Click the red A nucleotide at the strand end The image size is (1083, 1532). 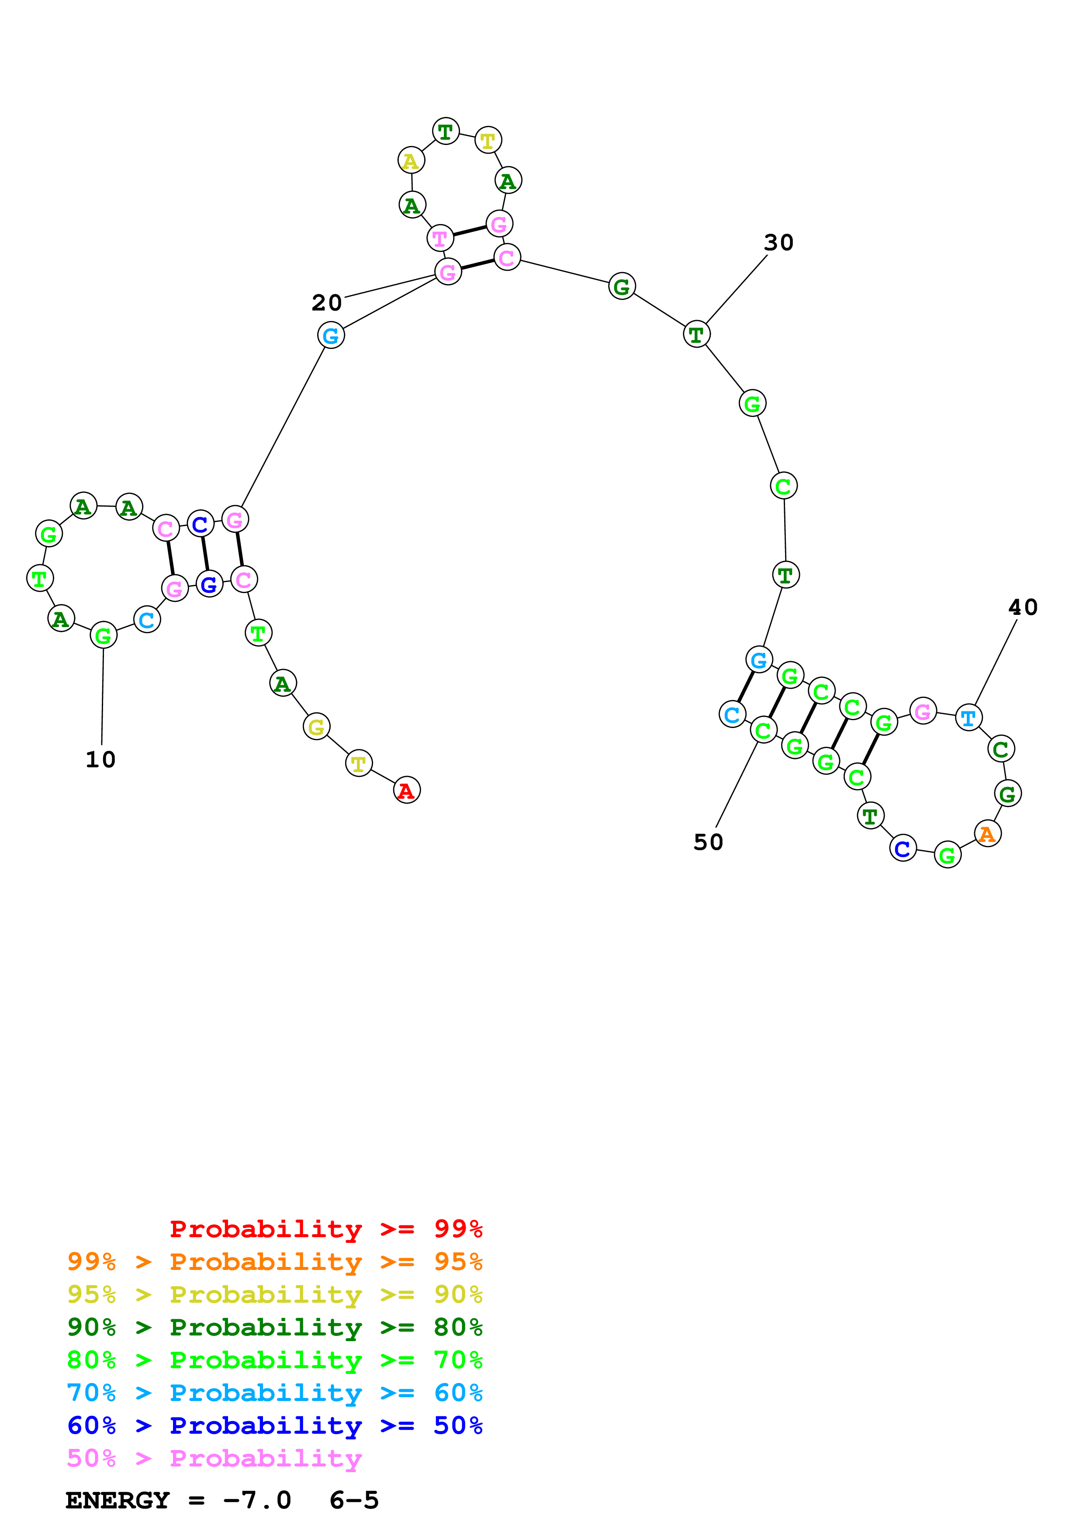pyautogui.click(x=406, y=790)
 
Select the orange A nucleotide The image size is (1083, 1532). pyautogui.click(x=987, y=833)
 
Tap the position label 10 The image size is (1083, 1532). pyautogui.click(x=101, y=759)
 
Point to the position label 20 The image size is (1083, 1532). pyautogui.click(x=327, y=303)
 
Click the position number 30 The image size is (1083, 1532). pyautogui.click(x=779, y=243)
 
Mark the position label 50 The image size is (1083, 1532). pyautogui.click(x=708, y=842)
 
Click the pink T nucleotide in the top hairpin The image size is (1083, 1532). pyautogui.click(x=440, y=238)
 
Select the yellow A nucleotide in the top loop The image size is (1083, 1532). pyautogui.click(x=411, y=161)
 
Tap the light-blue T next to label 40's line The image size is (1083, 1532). pyautogui.click(x=968, y=718)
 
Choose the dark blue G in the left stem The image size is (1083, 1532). pyautogui.click(x=209, y=584)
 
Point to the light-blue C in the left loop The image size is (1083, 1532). pyautogui.click(x=147, y=620)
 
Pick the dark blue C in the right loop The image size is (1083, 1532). pyautogui.click(x=903, y=849)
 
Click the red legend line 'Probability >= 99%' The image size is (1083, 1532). pyautogui.click(x=325, y=1228)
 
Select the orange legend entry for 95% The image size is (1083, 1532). pyautogui.click(x=274, y=1261)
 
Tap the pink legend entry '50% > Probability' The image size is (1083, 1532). pyautogui.click(x=214, y=1458)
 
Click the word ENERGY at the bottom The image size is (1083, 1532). pyautogui.click(x=118, y=1500)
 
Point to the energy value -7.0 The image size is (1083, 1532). pyautogui.click(x=257, y=1500)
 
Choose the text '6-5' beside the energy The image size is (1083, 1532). pyautogui.click(x=354, y=1500)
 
